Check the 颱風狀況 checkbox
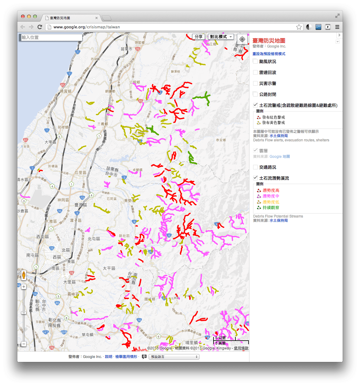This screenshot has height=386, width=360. coord(255,61)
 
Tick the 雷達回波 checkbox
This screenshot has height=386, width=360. coord(255,72)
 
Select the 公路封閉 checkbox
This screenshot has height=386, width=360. coord(255,94)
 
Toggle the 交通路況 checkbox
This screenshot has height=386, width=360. coord(255,167)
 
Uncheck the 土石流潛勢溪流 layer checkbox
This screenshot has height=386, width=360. coord(255,178)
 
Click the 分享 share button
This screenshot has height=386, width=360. coord(199,37)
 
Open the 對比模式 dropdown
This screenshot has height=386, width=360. coord(221,37)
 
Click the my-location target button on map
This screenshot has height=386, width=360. coord(242,39)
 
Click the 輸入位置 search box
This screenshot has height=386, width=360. coord(51,37)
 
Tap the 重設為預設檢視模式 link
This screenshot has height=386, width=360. coord(269,54)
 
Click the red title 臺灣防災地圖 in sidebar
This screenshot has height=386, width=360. coord(269,41)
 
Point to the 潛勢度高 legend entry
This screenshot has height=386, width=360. coord(271,190)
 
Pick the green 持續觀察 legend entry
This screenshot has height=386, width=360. coord(271,208)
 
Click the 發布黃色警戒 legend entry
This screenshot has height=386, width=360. coord(273,123)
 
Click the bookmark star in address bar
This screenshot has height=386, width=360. coord(299,27)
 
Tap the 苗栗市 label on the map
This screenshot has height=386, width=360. coord(126,49)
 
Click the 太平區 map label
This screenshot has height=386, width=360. coord(109,268)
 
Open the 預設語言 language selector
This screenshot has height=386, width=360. coord(174,357)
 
